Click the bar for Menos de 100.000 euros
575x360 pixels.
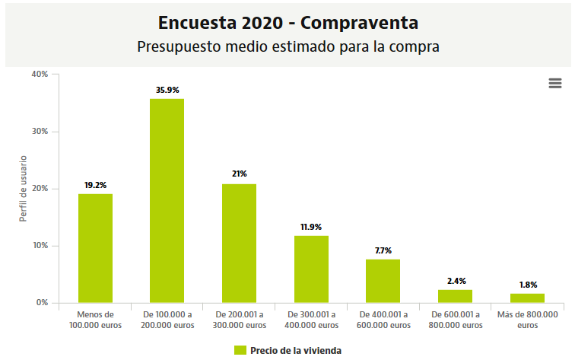click(x=95, y=248)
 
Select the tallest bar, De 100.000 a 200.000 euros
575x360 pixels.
click(x=167, y=201)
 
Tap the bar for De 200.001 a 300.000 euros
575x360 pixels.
click(x=239, y=244)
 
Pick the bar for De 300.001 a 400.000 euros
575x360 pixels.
click(x=311, y=269)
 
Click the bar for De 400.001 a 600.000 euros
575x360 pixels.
click(x=383, y=281)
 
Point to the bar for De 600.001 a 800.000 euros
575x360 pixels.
click(x=455, y=296)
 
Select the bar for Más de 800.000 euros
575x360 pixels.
click(x=527, y=298)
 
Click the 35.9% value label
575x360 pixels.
click(x=167, y=90)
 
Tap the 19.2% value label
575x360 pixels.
click(x=95, y=185)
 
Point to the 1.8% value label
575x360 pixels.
click(x=527, y=285)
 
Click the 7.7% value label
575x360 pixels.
click(x=383, y=250)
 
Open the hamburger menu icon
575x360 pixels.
click(x=554, y=84)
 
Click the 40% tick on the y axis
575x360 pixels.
click(x=40, y=74)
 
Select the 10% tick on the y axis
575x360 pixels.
click(x=40, y=246)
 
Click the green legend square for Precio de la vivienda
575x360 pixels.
click(x=240, y=350)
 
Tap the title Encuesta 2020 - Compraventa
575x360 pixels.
click(x=287, y=22)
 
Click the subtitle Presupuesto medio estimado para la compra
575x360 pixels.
click(x=288, y=46)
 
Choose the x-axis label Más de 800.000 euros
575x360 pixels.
click(x=527, y=320)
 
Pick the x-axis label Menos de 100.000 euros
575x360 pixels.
click(x=95, y=320)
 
